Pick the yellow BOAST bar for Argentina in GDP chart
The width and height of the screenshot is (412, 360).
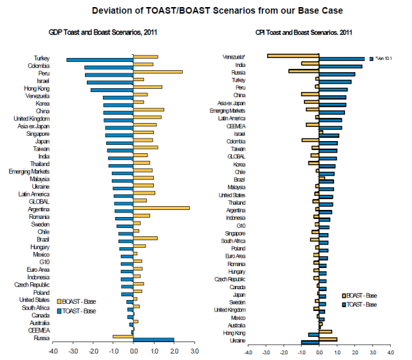[x=161, y=208]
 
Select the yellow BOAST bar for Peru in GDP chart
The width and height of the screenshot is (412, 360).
[x=158, y=72]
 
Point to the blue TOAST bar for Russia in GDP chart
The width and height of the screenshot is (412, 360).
[x=153, y=340]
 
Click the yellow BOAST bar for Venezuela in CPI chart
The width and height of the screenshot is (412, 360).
[x=293, y=56]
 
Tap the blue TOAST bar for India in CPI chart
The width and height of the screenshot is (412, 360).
[x=341, y=66]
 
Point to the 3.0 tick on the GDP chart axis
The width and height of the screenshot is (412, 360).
[x=194, y=352]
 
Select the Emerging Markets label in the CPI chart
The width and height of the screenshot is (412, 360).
[x=227, y=111]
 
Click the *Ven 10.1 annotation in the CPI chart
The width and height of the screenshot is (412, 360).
[x=381, y=59]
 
